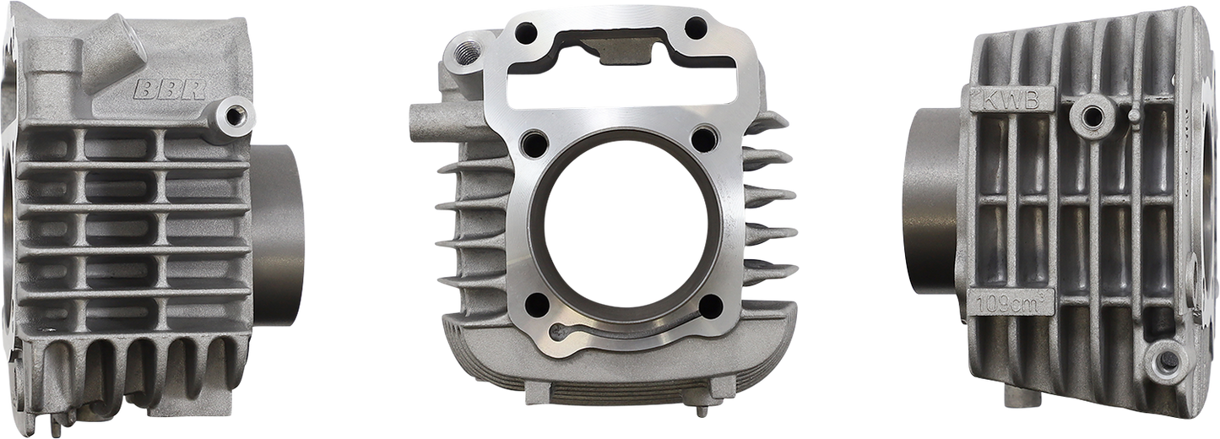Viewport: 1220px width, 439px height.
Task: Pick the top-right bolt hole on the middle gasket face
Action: coord(696,28)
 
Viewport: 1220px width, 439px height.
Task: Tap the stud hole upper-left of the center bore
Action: coord(532,140)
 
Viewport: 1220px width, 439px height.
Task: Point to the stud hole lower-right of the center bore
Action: coord(710,306)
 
